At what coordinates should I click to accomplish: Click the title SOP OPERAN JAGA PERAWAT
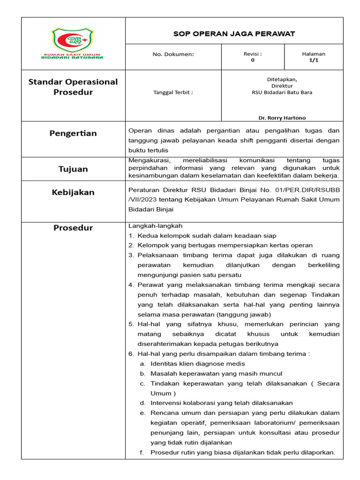234,34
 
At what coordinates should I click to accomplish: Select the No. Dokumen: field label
173,54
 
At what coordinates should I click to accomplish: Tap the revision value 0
253,60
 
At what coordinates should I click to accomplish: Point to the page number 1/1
314,60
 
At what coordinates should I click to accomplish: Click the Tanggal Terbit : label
173,92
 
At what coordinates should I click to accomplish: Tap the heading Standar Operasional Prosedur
73,87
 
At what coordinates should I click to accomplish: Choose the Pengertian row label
73,134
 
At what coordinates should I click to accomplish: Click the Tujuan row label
73,169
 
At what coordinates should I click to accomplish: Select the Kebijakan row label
73,192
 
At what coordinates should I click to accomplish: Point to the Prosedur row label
73,228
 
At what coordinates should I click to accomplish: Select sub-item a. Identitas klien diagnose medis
197,364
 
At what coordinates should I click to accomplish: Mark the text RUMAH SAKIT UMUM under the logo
73,54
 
